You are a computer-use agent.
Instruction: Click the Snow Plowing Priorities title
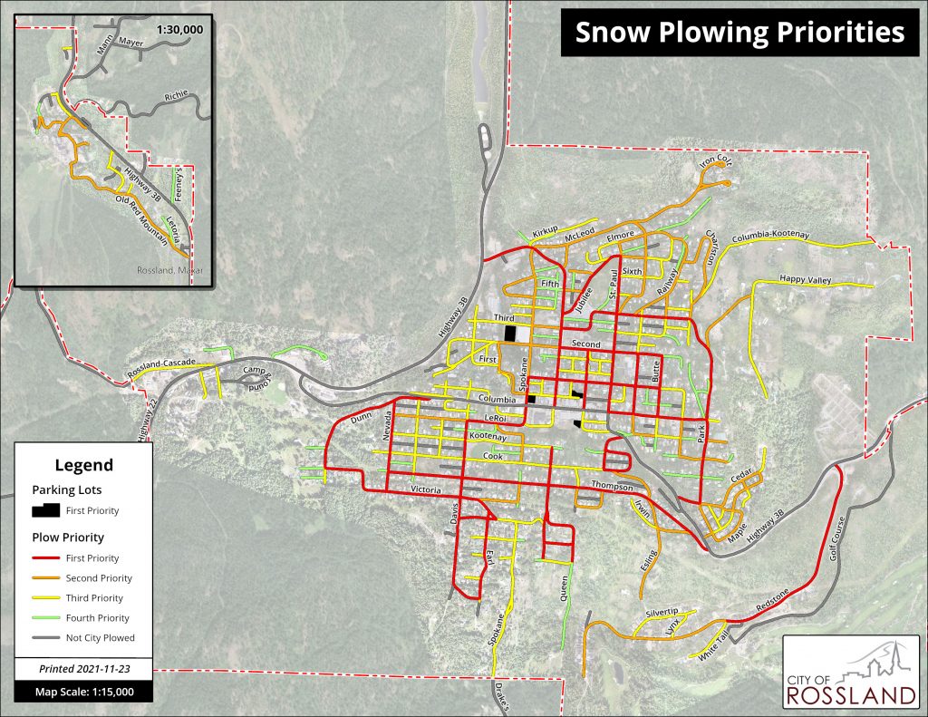(x=739, y=33)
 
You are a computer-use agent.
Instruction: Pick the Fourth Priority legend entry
(x=99, y=617)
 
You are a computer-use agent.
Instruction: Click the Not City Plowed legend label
(x=100, y=637)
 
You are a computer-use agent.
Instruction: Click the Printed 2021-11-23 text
(x=83, y=669)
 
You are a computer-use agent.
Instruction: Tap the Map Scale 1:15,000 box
(x=83, y=692)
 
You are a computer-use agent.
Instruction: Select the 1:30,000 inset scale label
(x=179, y=30)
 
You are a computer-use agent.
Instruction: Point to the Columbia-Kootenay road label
(x=764, y=235)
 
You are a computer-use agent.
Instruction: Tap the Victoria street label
(x=426, y=489)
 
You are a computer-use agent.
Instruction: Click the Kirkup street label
(x=546, y=232)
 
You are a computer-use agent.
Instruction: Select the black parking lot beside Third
(x=510, y=333)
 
